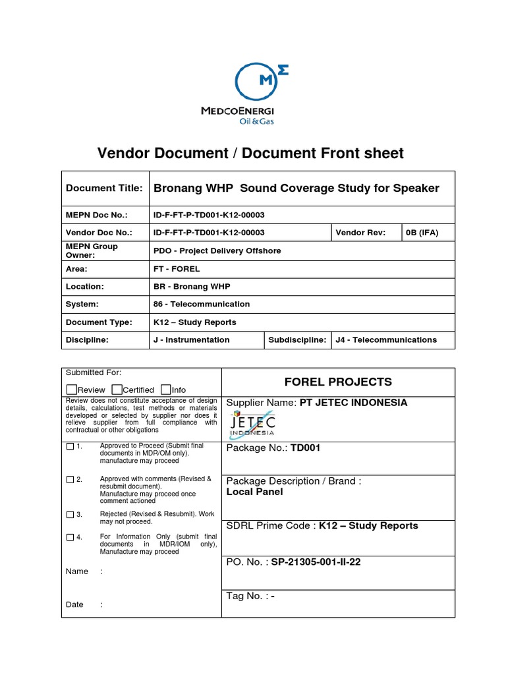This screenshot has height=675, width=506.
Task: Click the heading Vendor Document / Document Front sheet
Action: pos(250,153)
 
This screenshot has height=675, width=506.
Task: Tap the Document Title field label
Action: pos(104,188)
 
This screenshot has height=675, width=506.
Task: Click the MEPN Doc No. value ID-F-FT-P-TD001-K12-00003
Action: pos(209,215)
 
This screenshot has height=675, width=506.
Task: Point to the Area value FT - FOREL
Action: pos(176,269)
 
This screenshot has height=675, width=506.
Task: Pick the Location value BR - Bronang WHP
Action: pos(192,287)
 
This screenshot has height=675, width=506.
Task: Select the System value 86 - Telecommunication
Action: pos(201,305)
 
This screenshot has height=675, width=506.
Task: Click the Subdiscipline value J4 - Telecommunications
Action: pos(385,340)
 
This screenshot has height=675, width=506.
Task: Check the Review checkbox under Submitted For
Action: pos(72,390)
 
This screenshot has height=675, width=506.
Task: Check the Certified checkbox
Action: pos(117,390)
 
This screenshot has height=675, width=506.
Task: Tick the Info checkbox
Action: pos(165,390)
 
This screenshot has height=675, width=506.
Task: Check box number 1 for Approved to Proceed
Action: pos(70,446)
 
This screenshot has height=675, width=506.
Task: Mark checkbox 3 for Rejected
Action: pos(70,514)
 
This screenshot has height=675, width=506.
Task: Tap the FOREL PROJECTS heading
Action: pos(337,382)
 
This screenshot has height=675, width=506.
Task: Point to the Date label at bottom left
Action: pos(74,604)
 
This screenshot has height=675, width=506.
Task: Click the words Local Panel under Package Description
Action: pos(254,492)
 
